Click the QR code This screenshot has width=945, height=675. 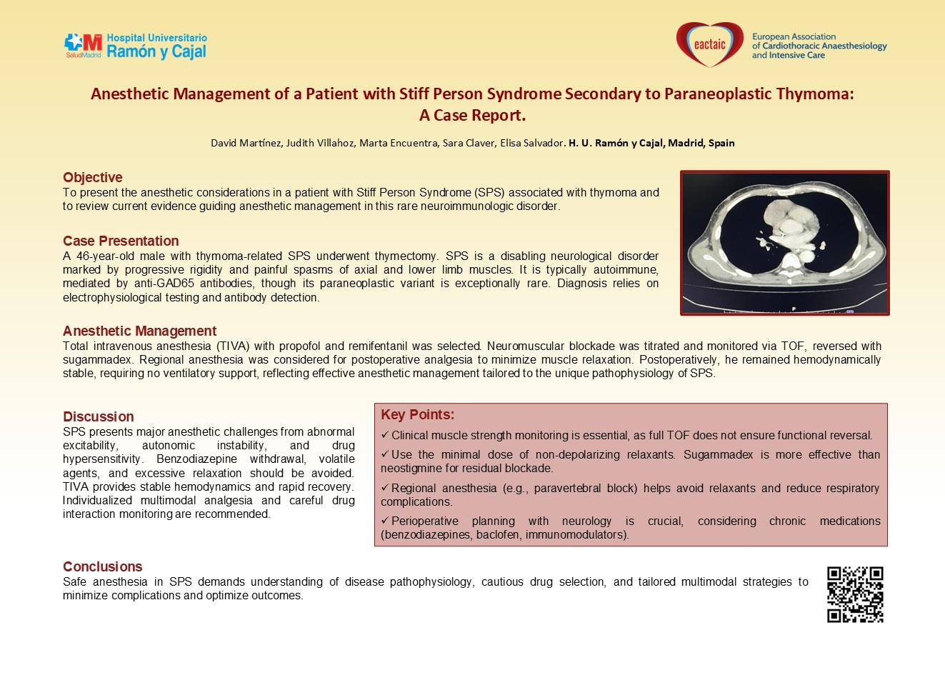(x=855, y=594)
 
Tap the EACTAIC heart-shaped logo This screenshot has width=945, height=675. (x=709, y=45)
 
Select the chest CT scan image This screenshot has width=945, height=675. (x=784, y=243)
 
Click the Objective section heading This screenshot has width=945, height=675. (x=93, y=178)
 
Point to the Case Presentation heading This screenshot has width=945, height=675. (x=121, y=241)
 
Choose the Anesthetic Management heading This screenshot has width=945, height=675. (x=139, y=331)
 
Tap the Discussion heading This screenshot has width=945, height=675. (x=99, y=417)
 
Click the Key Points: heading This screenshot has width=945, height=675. (x=417, y=415)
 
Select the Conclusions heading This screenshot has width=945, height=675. (x=103, y=567)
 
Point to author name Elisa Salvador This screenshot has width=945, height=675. (x=532, y=143)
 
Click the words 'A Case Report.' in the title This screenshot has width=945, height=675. (x=472, y=116)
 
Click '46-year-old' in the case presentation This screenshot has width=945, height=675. (x=105, y=256)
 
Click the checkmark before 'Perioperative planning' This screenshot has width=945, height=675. (x=385, y=521)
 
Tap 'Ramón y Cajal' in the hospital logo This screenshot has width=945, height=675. (x=156, y=52)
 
